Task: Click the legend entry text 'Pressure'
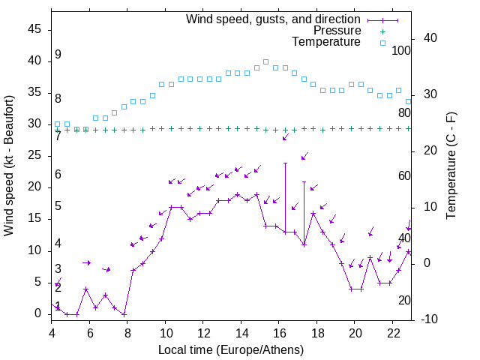[337, 31]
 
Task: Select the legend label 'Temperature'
[326, 43]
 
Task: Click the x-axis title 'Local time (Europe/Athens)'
[232, 350]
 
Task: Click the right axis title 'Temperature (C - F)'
[451, 165]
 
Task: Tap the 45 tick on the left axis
[34, 29]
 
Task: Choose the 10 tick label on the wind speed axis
[34, 250]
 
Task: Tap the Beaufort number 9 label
[58, 55]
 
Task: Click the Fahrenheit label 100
[401, 51]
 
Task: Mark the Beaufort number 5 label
[58, 206]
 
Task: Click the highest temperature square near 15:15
[265, 62]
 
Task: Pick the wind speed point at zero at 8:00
[124, 314]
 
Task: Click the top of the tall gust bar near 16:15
[285, 163]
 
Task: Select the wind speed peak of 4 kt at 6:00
[86, 289]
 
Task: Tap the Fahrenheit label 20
[404, 301]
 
